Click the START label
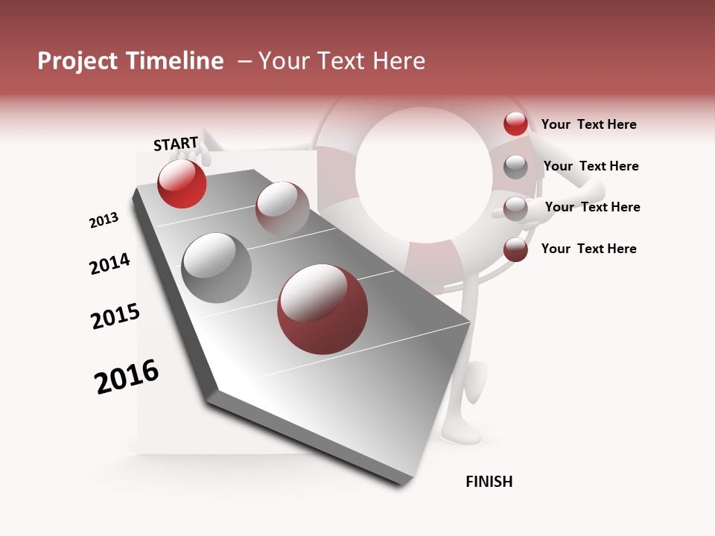[x=176, y=144]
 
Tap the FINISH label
[x=489, y=482]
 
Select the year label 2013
[x=104, y=220]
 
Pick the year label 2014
[x=109, y=264]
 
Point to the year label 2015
[x=115, y=316]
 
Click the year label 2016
[x=127, y=377]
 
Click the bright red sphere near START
[x=182, y=183]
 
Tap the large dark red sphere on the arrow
[x=322, y=309]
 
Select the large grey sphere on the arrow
[x=216, y=268]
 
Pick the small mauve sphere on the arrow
[x=282, y=208]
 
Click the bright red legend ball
[x=515, y=124]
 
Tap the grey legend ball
[x=515, y=166]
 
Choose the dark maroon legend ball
[x=515, y=249]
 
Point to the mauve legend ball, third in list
[x=515, y=208]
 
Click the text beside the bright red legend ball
[x=588, y=124]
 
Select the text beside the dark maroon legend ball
[x=588, y=249]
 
